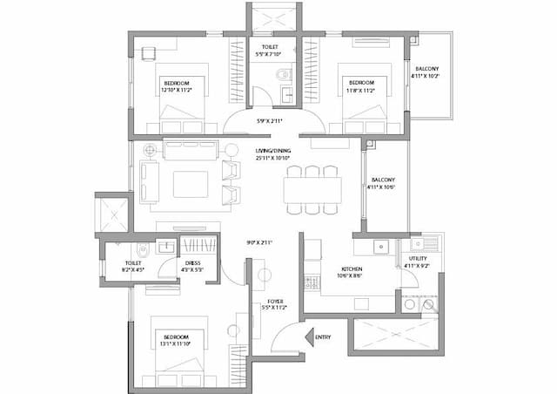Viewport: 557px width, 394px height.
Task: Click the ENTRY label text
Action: pyautogui.click(x=324, y=337)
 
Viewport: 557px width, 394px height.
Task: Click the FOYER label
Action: pyautogui.click(x=274, y=301)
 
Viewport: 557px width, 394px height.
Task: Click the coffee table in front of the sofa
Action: pyautogui.click(x=191, y=185)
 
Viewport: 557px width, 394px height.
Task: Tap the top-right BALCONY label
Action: pyautogui.click(x=426, y=68)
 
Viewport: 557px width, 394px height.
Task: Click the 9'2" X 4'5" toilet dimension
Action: pyautogui.click(x=134, y=270)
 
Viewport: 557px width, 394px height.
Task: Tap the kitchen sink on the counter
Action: pyautogui.click(x=379, y=247)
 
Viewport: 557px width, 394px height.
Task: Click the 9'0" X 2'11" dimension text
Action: pyautogui.click(x=260, y=242)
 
